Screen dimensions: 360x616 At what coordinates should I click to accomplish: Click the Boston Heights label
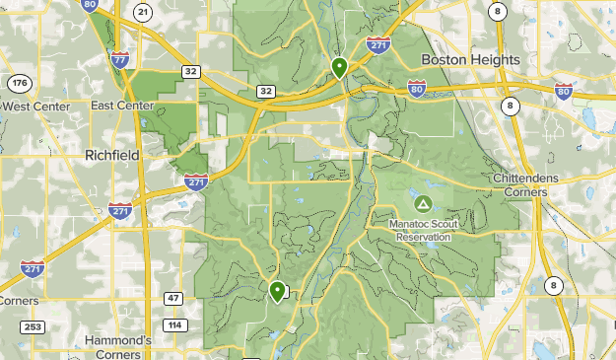click(470, 60)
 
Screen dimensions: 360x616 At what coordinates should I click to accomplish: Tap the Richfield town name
click(111, 156)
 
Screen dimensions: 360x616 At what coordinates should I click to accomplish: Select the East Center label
click(122, 106)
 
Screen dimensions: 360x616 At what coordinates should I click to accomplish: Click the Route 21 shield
click(144, 12)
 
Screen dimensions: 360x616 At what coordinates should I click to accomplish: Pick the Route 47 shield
click(173, 298)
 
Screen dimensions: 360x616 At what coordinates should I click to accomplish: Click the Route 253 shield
click(33, 326)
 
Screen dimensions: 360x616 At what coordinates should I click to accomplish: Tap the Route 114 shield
click(175, 324)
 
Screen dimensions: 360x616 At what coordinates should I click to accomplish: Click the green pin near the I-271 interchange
click(339, 67)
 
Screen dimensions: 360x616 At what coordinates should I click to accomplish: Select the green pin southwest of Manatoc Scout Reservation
click(278, 291)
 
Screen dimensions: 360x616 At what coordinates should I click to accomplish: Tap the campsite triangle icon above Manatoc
click(423, 204)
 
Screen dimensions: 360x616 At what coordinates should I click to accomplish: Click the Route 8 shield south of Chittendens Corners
click(554, 286)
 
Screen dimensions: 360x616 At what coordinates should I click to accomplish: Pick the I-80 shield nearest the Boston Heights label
click(417, 90)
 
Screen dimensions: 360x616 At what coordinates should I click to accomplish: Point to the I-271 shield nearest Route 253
click(32, 268)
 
